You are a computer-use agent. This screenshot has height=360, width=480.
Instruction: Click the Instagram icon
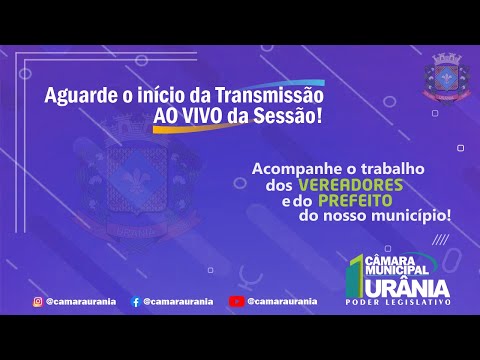pyautogui.click(x=36, y=300)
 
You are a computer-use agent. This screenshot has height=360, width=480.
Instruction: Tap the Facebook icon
pyautogui.click(x=135, y=300)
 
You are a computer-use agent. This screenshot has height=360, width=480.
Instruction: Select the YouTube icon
pyautogui.click(x=236, y=300)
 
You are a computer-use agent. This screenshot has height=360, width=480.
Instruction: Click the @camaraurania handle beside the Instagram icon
pyautogui.click(x=80, y=300)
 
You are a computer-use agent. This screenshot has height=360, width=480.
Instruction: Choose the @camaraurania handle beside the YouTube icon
pyautogui.click(x=283, y=300)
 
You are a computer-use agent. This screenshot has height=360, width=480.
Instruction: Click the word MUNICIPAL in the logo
pyautogui.click(x=399, y=269)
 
